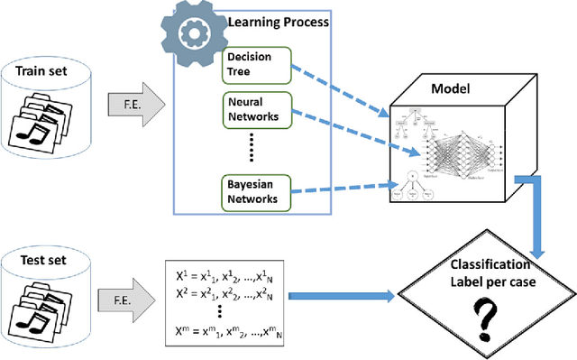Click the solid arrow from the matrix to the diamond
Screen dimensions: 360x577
click(x=347, y=293)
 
